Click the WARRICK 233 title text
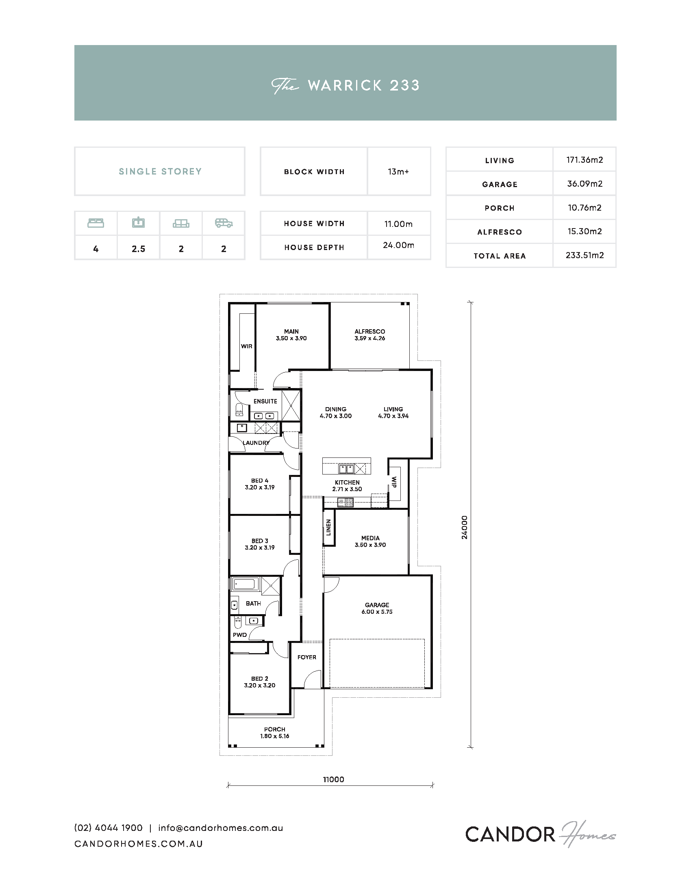coord(363,86)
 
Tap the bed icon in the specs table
coord(96,223)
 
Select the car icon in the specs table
coord(224,223)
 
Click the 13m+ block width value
coord(398,172)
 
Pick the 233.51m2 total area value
coord(585,255)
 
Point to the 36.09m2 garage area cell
coord(585,183)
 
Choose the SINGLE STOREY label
coord(160,171)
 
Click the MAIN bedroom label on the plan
coord(291,331)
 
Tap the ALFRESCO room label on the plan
coord(369,331)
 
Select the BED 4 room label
coord(260,481)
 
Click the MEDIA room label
coord(370,538)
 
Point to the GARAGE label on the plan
coord(377,605)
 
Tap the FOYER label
coord(306,657)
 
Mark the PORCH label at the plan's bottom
coord(275,729)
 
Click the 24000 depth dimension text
coord(464,527)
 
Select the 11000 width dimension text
coord(334,779)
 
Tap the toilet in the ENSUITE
coord(239,410)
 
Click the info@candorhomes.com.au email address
coord(221,828)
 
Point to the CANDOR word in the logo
coord(510,834)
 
